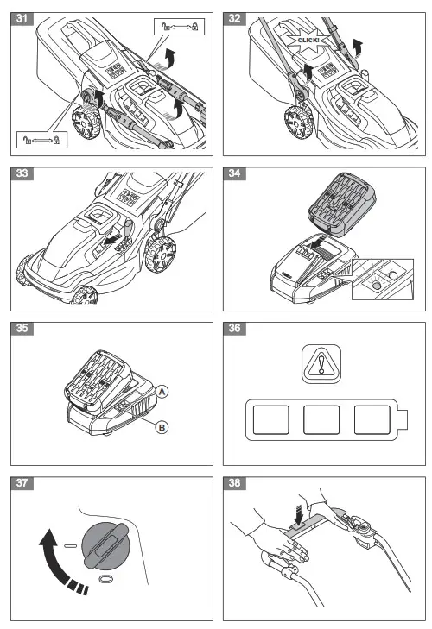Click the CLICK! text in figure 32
[308, 40]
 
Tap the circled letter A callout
[161, 392]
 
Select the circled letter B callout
[161, 427]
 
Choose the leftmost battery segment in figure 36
[269, 423]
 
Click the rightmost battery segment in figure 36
[373, 423]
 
